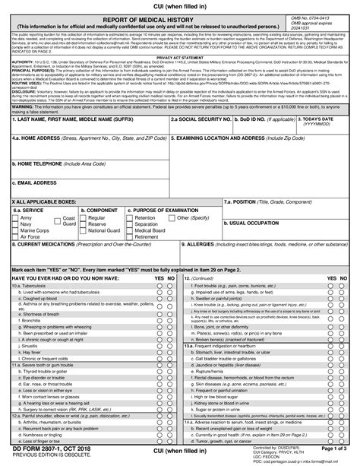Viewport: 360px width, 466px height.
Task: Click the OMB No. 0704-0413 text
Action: (311, 17)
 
